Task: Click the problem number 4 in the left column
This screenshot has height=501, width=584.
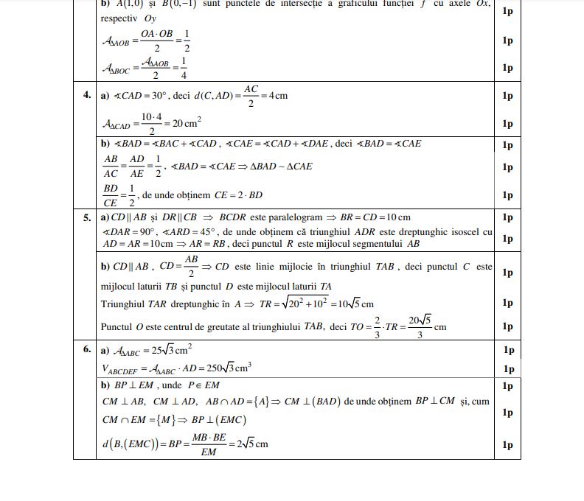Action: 87,96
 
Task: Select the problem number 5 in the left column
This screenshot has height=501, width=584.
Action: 87,217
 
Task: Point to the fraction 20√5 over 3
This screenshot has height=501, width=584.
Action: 419,326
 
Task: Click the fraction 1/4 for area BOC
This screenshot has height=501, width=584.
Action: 183,68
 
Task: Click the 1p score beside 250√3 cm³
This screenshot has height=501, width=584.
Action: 507,369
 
